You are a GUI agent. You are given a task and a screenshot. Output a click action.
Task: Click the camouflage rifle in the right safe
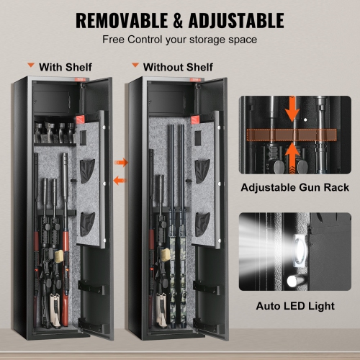(x=178, y=288)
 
